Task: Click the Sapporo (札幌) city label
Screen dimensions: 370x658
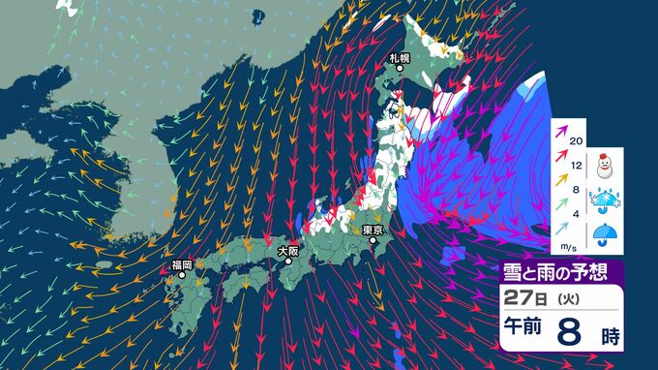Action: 401,58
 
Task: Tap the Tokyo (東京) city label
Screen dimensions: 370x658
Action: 374,231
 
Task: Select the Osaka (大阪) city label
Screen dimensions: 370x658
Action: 287,250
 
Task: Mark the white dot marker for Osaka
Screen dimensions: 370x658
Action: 287,261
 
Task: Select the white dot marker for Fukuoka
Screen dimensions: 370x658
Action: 181,275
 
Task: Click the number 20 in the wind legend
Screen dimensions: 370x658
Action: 578,141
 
